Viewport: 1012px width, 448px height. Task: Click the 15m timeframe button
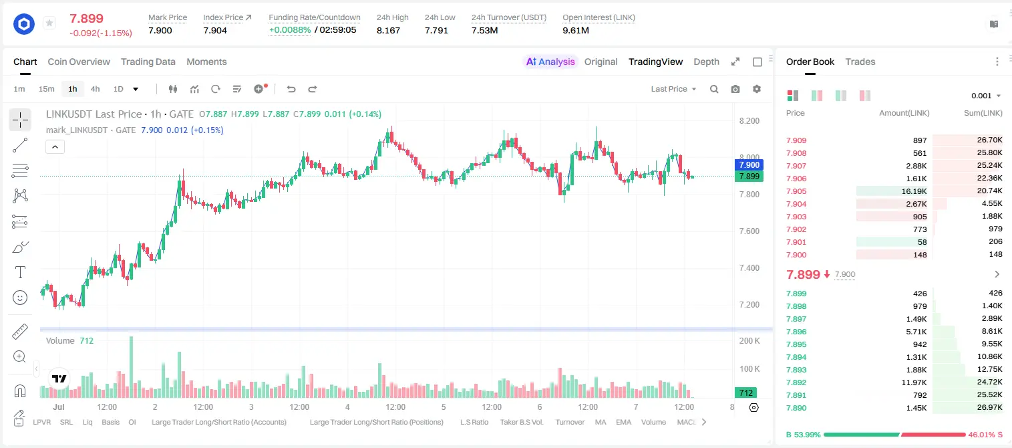point(47,89)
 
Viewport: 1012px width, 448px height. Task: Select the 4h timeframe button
point(95,89)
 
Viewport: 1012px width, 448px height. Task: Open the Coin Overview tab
point(79,62)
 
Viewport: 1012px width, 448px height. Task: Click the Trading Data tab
point(148,62)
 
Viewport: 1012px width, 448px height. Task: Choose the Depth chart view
point(706,62)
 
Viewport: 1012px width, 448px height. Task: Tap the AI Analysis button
point(550,62)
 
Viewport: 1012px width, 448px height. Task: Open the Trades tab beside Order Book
point(860,62)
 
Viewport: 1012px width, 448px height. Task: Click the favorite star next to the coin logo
point(49,23)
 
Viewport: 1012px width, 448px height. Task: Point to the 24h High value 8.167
point(389,30)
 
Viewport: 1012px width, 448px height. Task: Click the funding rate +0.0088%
point(290,30)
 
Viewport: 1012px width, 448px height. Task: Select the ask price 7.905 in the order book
point(796,191)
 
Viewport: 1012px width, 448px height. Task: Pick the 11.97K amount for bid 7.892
point(914,382)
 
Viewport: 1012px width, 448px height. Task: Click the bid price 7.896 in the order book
point(796,332)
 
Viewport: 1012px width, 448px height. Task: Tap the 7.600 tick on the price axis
point(749,231)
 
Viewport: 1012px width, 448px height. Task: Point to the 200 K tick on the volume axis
point(749,341)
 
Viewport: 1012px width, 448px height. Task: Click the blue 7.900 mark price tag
point(749,165)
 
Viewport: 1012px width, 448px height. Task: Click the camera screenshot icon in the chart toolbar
point(735,89)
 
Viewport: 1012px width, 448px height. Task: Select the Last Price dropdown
point(673,89)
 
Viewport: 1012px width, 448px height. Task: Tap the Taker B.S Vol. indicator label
point(522,422)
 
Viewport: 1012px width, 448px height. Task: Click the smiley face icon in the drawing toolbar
point(20,298)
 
